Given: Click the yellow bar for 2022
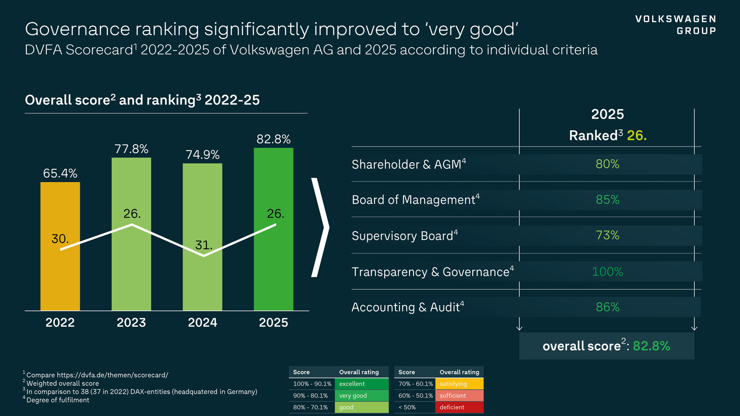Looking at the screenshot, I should coord(60,277).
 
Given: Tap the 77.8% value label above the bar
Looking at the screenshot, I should coord(131,149).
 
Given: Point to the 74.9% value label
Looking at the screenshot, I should coord(203,154).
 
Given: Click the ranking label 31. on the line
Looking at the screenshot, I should coord(203,245).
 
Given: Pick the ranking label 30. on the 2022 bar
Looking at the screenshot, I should coord(60,239).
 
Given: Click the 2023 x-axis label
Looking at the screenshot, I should coord(131,322).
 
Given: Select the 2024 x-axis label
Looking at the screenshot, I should coord(203,322).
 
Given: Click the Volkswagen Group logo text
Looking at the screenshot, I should coord(675,25).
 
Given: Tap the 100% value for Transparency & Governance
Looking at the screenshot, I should coord(607,272).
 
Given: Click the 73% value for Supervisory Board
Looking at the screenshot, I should coord(607,235).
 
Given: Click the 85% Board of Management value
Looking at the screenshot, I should coord(607,200).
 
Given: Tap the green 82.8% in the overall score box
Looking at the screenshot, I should coord(651,346).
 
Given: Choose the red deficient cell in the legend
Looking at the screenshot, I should coord(459,407).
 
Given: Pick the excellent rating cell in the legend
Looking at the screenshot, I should coord(361,384).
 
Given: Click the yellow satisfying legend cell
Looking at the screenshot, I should coord(459,384).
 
